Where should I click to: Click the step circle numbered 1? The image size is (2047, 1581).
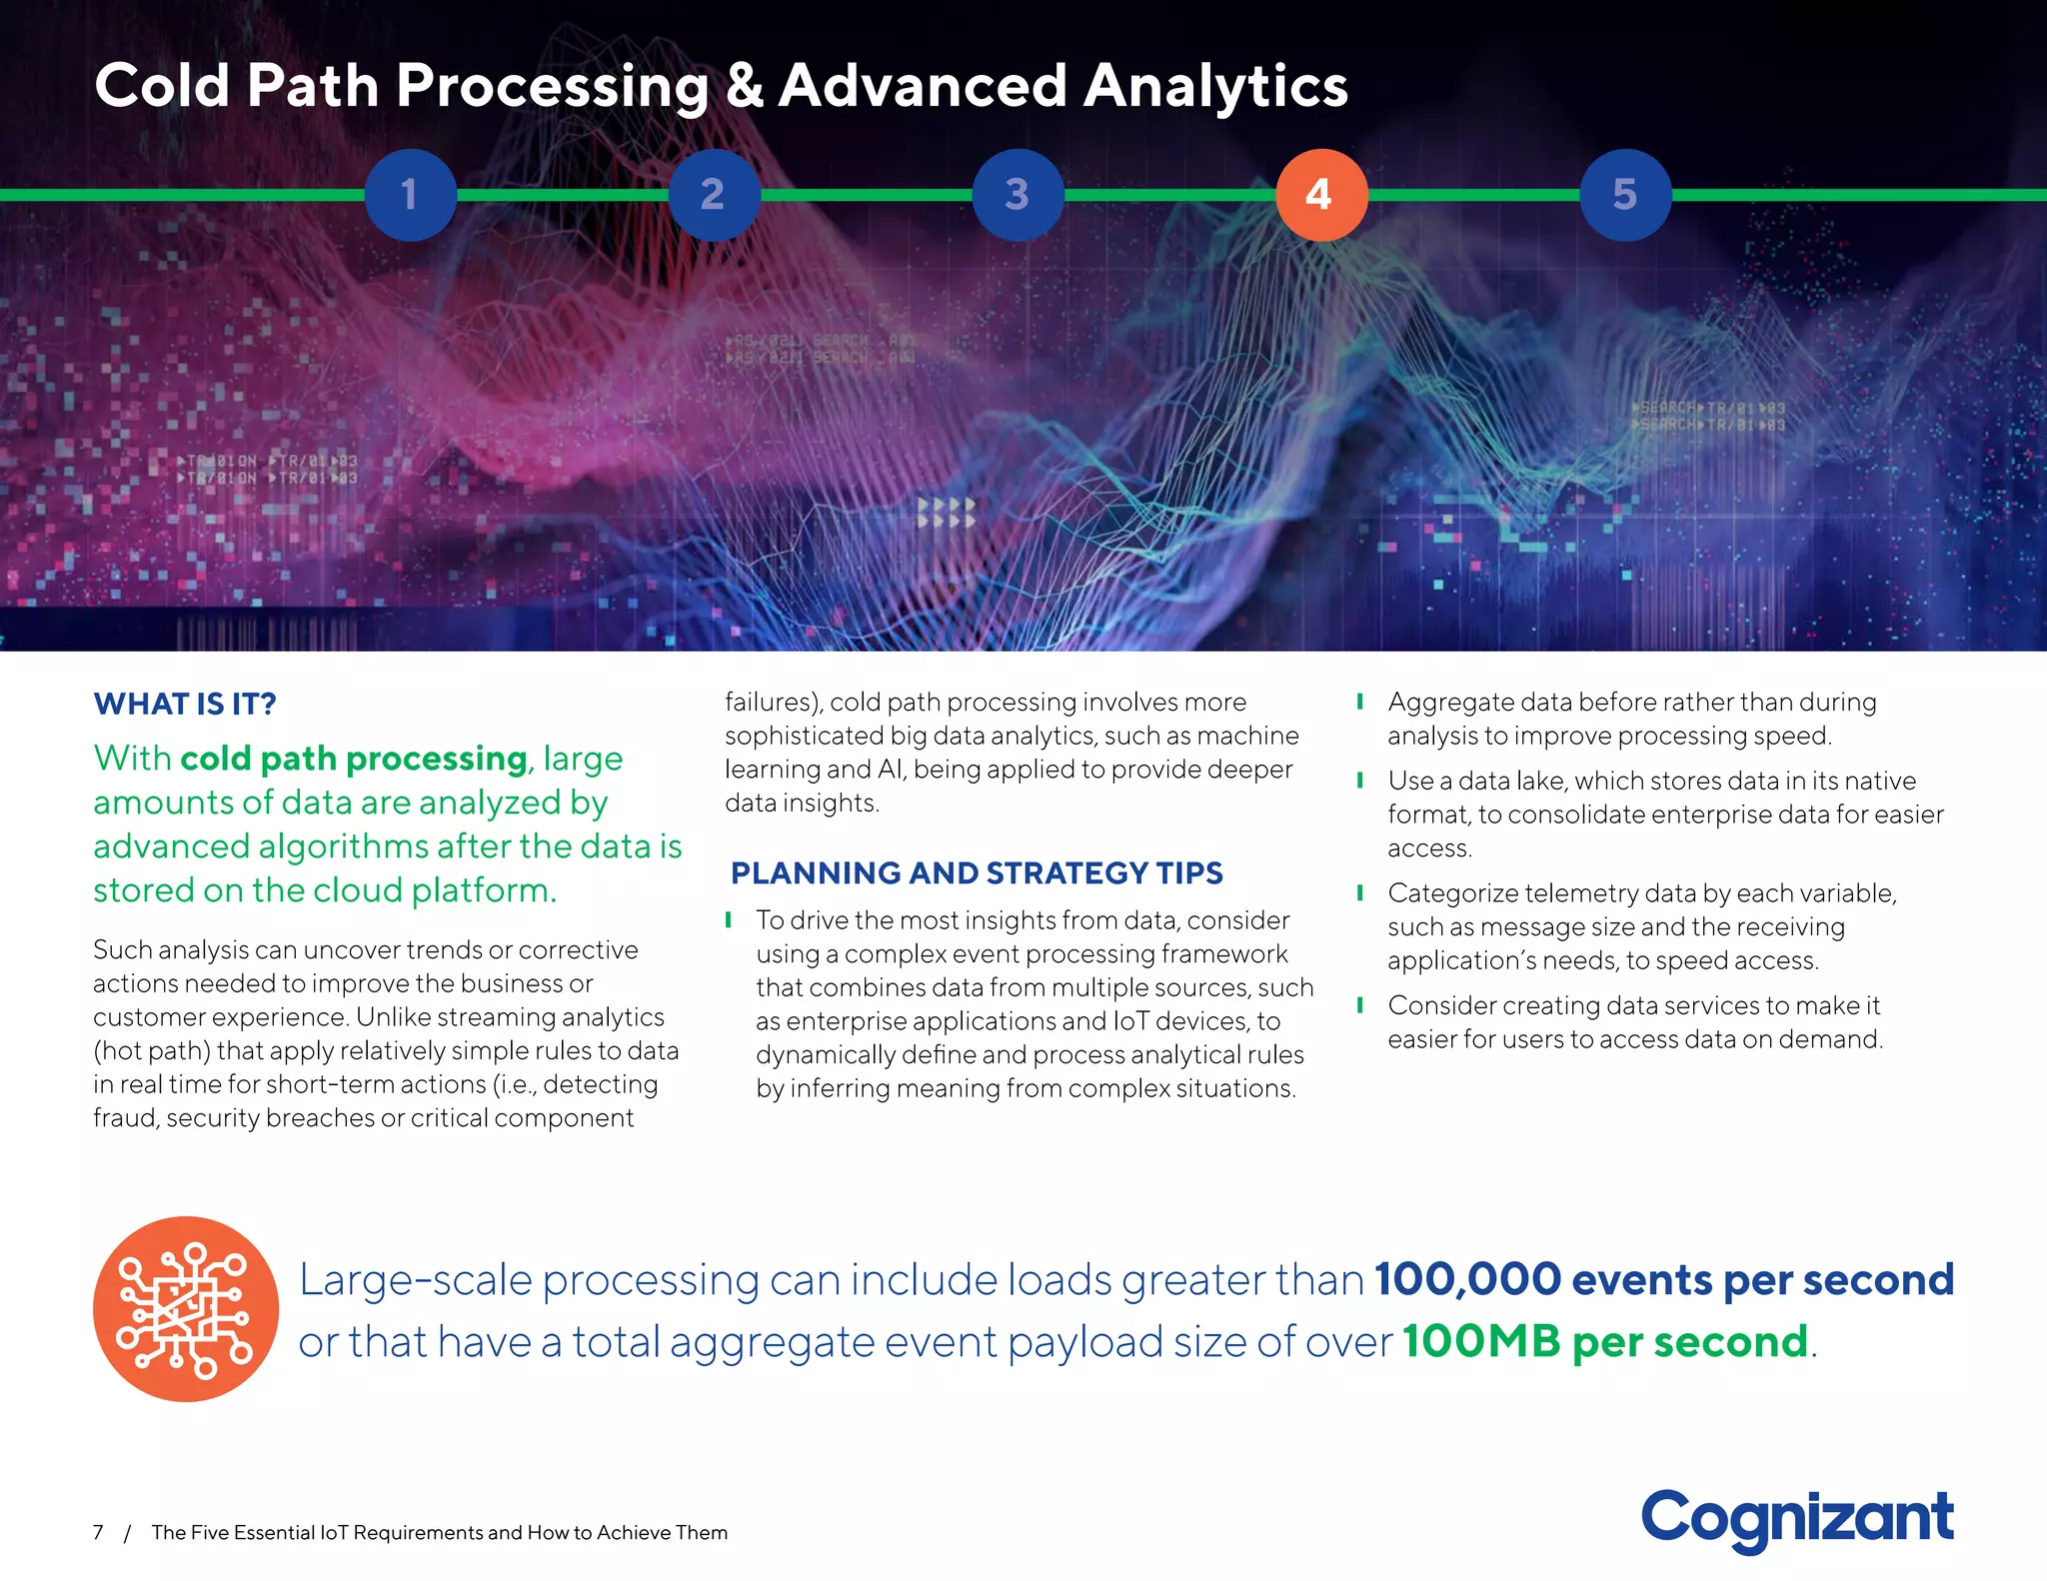click(410, 195)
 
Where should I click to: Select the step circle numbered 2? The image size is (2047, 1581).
click(714, 195)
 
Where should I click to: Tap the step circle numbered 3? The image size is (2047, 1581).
click(1018, 195)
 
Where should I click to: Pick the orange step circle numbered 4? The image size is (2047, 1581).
click(1321, 195)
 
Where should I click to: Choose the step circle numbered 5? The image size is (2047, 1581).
click(1625, 195)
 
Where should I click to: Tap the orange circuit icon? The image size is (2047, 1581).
click(186, 1308)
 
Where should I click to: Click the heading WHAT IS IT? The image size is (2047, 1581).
click(185, 704)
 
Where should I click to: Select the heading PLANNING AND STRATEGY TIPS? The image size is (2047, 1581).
click(977, 873)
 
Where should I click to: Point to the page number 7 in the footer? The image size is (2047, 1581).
click(98, 1532)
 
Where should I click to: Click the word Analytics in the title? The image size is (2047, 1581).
click(1215, 86)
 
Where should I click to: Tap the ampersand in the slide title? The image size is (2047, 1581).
click(744, 86)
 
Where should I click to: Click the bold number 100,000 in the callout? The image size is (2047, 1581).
click(1467, 1279)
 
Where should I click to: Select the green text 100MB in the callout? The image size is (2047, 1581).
click(1480, 1342)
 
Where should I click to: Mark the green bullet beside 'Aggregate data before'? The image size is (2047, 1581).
click(1360, 702)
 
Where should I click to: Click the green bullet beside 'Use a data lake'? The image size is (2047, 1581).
click(1360, 781)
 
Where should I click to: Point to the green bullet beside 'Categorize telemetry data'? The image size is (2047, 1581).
click(1360, 892)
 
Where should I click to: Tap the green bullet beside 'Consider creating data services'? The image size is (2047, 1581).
click(1360, 1004)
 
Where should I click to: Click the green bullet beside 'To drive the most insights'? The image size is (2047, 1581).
click(729, 919)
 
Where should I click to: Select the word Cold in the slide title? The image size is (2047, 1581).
click(162, 86)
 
